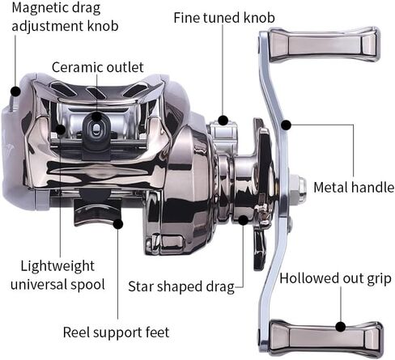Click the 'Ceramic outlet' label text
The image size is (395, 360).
click(x=97, y=67)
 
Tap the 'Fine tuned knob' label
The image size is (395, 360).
click(x=224, y=18)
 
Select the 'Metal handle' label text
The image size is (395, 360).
click(x=354, y=187)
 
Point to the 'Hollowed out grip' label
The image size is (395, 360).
click(x=335, y=278)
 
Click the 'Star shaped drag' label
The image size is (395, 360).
click(x=181, y=286)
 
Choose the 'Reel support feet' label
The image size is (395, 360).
click(x=116, y=332)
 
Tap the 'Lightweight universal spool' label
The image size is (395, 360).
click(x=57, y=275)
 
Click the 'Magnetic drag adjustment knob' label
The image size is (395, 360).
click(x=65, y=17)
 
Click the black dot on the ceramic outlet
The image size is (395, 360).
click(x=96, y=116)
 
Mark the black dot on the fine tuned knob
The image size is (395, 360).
click(x=223, y=121)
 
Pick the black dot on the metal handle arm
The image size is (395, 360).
click(x=287, y=125)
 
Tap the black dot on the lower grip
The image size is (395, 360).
click(x=341, y=327)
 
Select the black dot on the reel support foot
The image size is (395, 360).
click(x=118, y=224)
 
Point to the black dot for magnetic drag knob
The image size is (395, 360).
click(x=15, y=91)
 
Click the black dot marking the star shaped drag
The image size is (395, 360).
click(x=243, y=220)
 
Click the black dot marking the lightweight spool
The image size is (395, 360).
click(x=61, y=129)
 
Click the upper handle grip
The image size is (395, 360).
click(x=325, y=44)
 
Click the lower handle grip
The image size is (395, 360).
click(x=326, y=338)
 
